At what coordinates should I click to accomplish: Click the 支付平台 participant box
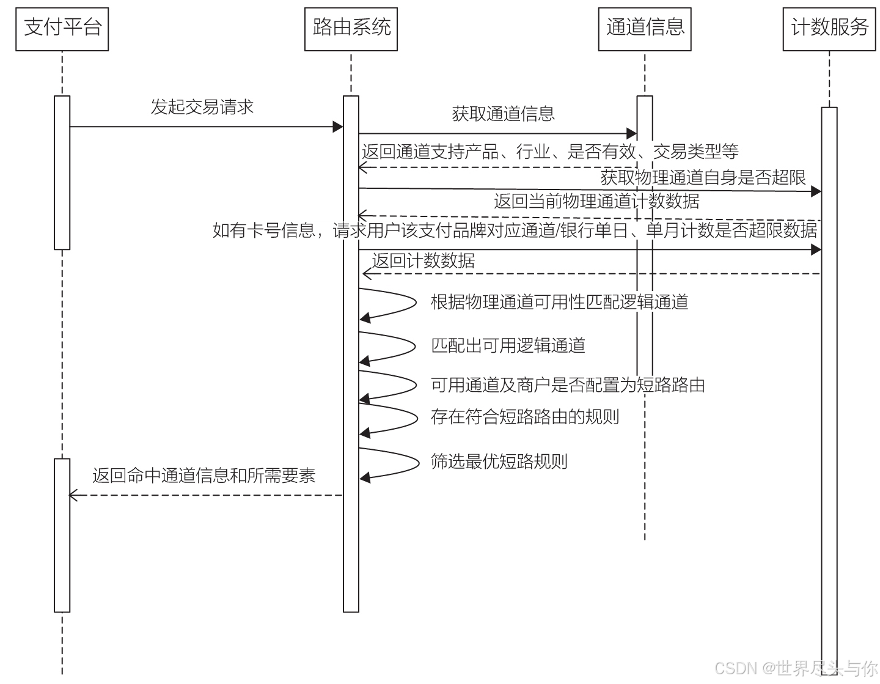[62, 29]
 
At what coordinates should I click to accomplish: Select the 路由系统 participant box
[351, 29]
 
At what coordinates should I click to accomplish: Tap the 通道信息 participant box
[645, 29]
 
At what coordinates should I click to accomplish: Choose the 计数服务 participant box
[829, 29]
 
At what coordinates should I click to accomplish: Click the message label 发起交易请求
[202, 107]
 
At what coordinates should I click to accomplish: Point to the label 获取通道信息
[503, 114]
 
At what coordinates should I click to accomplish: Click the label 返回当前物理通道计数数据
[596, 201]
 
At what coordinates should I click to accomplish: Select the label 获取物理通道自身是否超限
[703, 177]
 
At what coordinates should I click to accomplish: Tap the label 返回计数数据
[424, 261]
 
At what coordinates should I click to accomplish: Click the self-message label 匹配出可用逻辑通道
[508, 345]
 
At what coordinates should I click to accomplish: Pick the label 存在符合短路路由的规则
[525, 417]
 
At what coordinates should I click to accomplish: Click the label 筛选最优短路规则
[499, 461]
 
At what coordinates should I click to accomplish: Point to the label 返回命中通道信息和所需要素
[204, 476]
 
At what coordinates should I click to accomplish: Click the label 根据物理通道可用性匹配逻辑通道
[559, 302]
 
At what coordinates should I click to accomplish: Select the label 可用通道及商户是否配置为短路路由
[568, 385]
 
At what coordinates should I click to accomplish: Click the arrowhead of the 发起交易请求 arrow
[338, 127]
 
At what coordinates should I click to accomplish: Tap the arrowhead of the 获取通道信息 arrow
[632, 133]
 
